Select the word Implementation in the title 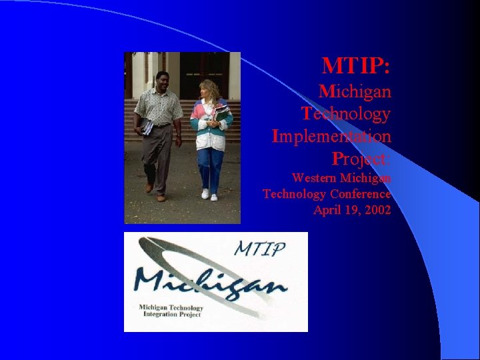[331, 137]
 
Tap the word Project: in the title [361, 159]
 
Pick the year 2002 [377, 210]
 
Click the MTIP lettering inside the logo [260, 249]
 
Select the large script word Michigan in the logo [210, 283]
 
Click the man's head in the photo [161, 79]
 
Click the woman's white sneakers [209, 195]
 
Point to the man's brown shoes [155, 193]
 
